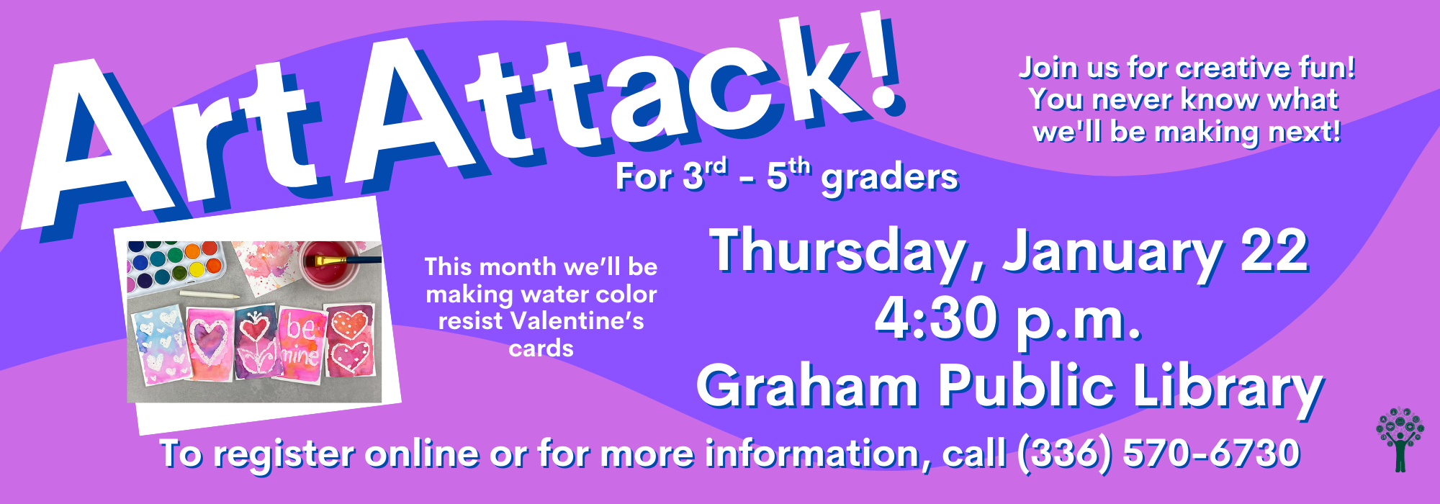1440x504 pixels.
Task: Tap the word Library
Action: pyautogui.click(x=1228, y=389)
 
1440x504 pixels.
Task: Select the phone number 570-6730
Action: pyautogui.click(x=1211, y=453)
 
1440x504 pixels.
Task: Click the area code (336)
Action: pyautogui.click(x=1065, y=454)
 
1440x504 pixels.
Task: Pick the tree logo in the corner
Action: pyautogui.click(x=1400, y=439)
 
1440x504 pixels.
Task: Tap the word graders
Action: pyautogui.click(x=890, y=178)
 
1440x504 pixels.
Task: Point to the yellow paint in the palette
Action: pyautogui.click(x=196, y=270)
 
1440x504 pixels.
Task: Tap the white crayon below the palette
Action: pyautogui.click(x=209, y=294)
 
